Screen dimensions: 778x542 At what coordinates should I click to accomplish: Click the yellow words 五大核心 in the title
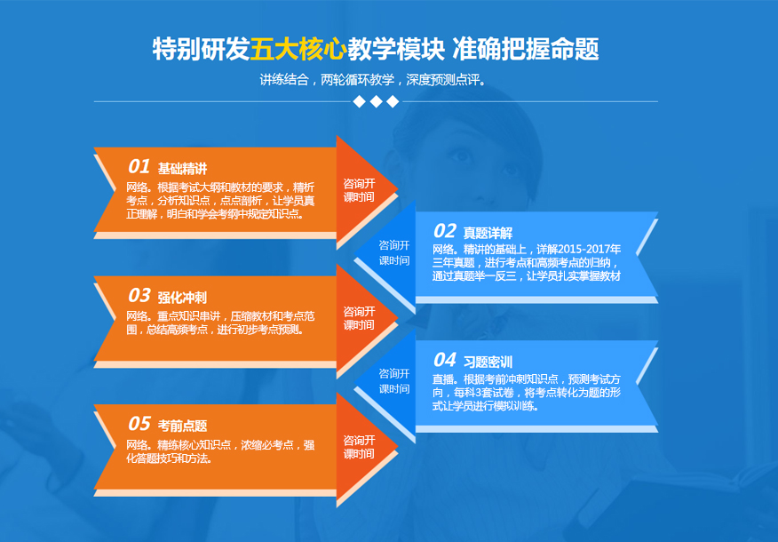point(298,49)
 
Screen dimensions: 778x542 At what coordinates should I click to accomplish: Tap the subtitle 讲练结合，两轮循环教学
point(328,79)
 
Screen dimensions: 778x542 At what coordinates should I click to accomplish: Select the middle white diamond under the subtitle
point(376,102)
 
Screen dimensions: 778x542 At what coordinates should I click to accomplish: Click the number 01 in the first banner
point(139,166)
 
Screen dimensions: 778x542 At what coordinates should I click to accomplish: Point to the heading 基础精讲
point(183,169)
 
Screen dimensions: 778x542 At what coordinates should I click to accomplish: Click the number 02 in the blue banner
point(445,231)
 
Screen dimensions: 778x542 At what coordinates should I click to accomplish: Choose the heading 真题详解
point(488,233)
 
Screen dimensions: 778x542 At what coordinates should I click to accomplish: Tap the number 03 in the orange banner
point(139,295)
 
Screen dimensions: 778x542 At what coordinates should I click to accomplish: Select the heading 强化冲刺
point(182,298)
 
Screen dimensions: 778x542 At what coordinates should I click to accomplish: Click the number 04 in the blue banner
point(445,359)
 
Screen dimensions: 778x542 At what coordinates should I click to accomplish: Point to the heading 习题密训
point(488,362)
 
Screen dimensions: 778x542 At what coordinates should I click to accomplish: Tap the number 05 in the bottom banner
point(139,423)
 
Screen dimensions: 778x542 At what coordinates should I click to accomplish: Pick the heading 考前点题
point(182,426)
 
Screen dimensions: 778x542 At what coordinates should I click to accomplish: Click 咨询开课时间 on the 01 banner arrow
point(359,190)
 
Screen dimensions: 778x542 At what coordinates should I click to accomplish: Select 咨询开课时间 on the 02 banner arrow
point(394,252)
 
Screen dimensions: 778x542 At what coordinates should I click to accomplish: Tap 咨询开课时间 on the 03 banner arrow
point(359,318)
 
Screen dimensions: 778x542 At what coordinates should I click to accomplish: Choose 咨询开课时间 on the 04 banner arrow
point(394,381)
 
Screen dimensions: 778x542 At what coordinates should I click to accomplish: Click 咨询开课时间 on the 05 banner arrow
point(359,447)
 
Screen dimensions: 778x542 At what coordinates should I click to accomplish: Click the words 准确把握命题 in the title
point(526,49)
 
